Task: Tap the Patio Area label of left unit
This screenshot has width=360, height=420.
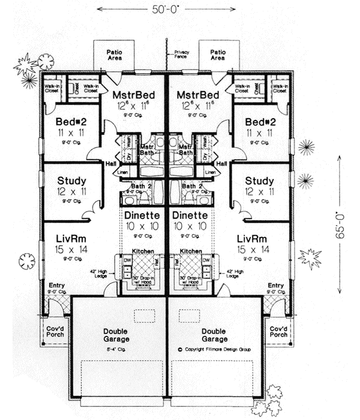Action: (x=115, y=56)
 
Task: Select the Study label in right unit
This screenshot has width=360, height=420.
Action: (x=260, y=181)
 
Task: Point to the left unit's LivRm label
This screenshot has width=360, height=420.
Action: (x=70, y=238)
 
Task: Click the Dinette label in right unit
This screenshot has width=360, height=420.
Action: (x=191, y=215)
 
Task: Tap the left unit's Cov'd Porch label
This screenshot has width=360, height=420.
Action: (x=54, y=332)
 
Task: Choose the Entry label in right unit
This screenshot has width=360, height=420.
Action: (x=275, y=286)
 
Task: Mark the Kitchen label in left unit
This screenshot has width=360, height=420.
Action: (x=145, y=250)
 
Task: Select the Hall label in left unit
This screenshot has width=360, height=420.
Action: (x=110, y=163)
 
